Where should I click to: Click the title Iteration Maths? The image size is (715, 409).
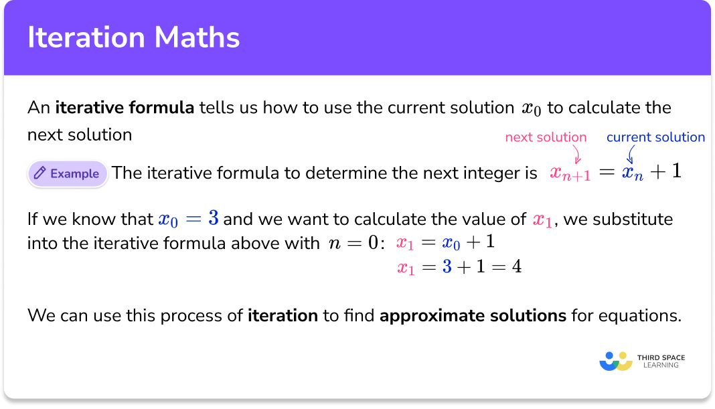(x=133, y=37)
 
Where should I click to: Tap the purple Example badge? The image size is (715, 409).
(x=68, y=173)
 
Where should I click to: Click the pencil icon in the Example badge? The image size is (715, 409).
(x=40, y=173)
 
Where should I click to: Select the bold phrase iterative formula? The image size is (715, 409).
(x=125, y=108)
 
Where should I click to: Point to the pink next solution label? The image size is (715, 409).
(x=546, y=137)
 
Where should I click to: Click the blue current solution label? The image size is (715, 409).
(x=655, y=137)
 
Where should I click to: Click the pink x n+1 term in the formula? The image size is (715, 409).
(x=570, y=173)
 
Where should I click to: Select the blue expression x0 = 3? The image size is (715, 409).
(x=189, y=219)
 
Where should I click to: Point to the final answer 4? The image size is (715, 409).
(x=516, y=267)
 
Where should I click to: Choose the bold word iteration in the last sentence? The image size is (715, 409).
(x=283, y=315)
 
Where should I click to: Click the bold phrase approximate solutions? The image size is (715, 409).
(x=473, y=315)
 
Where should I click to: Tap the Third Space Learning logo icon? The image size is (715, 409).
(x=616, y=361)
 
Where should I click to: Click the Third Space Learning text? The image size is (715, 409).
(x=661, y=361)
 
